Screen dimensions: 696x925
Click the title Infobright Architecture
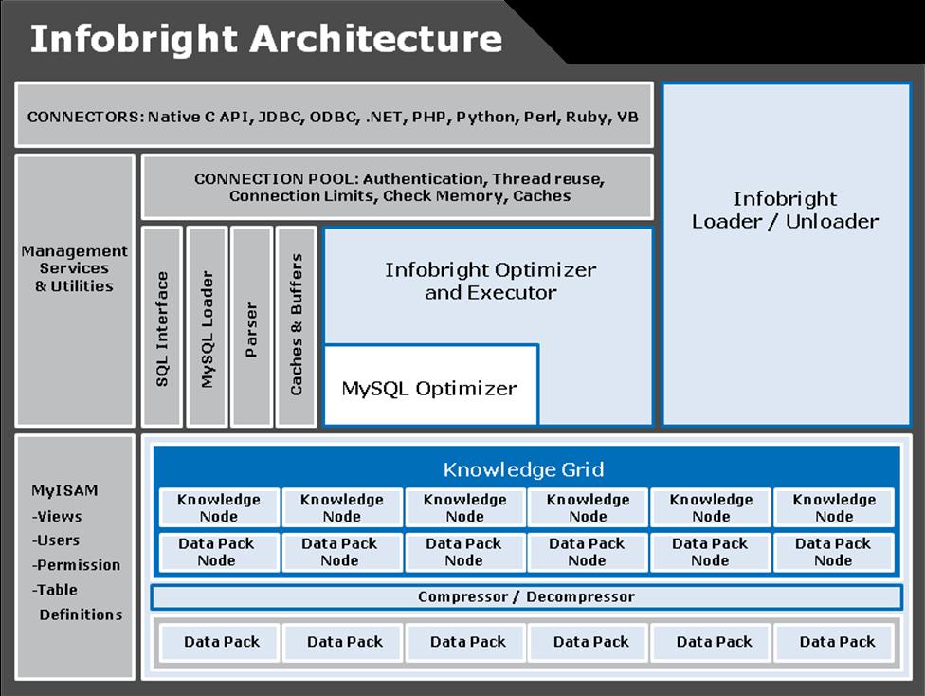tap(265, 39)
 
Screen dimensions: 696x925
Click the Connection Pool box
tap(398, 187)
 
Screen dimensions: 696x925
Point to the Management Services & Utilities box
tap(75, 268)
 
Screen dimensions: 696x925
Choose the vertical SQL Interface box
tap(162, 328)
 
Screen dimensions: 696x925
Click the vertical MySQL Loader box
tap(208, 328)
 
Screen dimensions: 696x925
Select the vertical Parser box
tap(251, 328)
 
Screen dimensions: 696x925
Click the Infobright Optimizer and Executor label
tap(490, 281)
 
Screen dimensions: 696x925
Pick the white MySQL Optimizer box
tap(430, 388)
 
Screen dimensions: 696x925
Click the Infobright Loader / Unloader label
tap(785, 211)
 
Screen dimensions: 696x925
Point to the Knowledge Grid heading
tap(523, 469)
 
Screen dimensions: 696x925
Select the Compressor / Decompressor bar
tap(526, 597)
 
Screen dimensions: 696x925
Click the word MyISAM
tap(64, 491)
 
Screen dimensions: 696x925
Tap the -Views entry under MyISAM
tap(57, 516)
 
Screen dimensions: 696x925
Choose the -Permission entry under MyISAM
tap(76, 565)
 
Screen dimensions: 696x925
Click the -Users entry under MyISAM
tap(57, 540)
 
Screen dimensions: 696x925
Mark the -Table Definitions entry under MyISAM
tap(78, 602)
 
